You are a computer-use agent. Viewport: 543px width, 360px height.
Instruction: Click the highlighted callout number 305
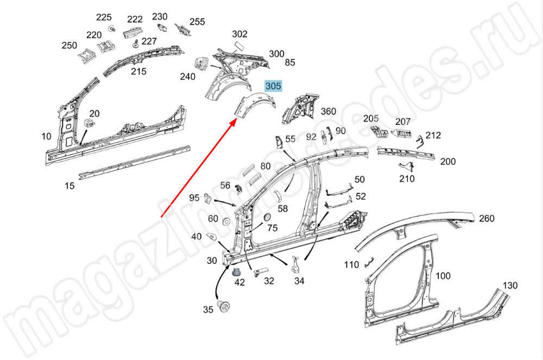(273, 85)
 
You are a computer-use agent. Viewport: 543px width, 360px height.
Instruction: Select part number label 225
(104, 17)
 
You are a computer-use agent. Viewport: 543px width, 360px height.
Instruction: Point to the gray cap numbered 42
(237, 271)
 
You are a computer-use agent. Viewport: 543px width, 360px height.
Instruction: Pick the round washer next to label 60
(226, 221)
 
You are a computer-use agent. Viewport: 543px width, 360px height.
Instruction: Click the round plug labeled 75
(268, 217)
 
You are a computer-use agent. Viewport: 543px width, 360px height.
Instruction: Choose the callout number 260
(487, 218)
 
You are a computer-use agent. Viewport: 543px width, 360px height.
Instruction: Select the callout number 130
(510, 285)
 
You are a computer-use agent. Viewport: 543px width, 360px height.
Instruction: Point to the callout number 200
(448, 161)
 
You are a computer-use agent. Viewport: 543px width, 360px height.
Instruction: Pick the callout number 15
(70, 186)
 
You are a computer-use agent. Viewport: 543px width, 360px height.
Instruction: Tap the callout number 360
(329, 111)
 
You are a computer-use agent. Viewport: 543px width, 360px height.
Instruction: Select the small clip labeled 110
(369, 262)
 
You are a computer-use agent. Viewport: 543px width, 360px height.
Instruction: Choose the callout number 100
(443, 275)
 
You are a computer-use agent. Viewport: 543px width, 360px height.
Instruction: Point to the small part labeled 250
(86, 55)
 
